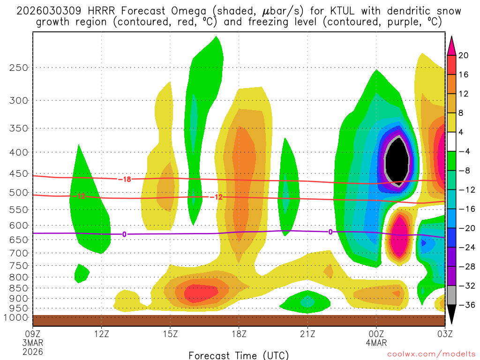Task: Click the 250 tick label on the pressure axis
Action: click(x=18, y=67)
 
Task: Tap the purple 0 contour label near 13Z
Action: click(x=124, y=234)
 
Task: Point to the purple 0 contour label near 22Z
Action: click(x=330, y=232)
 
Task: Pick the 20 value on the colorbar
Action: click(x=464, y=55)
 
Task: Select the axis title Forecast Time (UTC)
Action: click(x=239, y=355)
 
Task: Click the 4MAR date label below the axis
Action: click(x=376, y=343)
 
